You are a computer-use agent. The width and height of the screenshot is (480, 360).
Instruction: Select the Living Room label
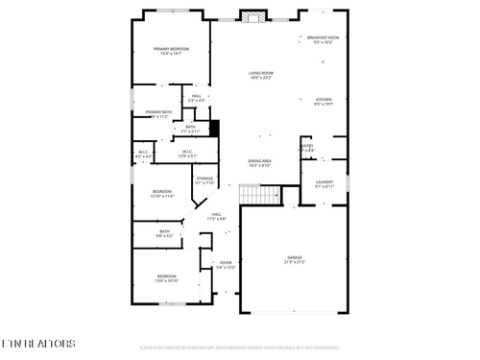coord(261,73)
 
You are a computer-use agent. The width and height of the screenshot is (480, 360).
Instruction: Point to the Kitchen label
coord(324,99)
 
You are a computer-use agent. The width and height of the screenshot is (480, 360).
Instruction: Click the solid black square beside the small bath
coord(215,127)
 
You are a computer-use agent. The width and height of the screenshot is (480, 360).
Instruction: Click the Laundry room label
coord(324,182)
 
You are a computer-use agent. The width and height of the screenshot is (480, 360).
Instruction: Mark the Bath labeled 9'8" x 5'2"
coord(165,231)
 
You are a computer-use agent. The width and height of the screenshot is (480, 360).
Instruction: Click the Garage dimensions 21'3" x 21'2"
coord(295,263)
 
